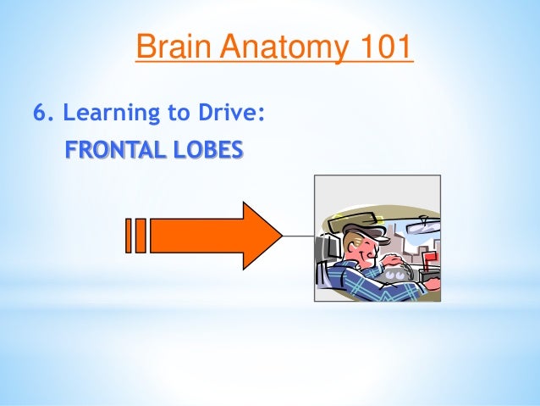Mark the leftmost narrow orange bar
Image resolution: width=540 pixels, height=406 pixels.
coord(129,236)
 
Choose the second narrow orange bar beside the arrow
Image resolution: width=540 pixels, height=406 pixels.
coord(141,236)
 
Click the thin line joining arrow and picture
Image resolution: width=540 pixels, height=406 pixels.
coord(298,235)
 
